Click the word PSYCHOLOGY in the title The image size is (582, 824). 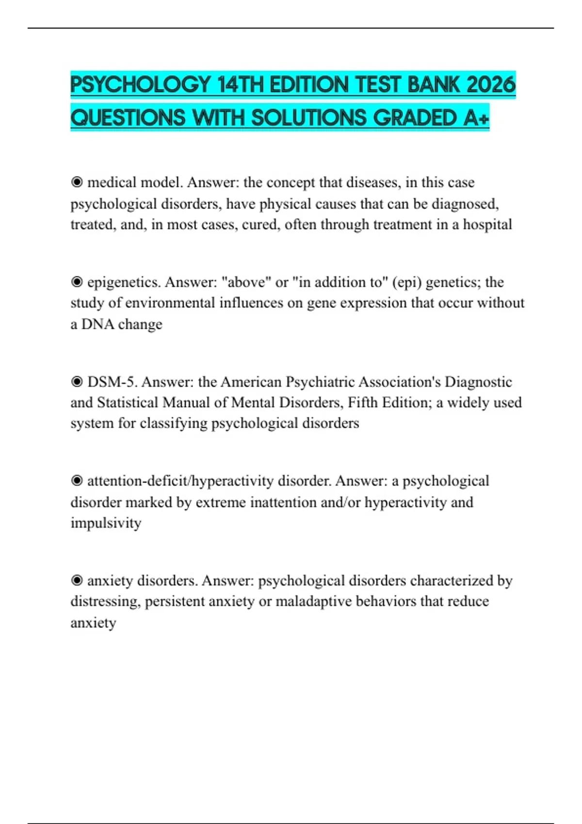pyautogui.click(x=140, y=85)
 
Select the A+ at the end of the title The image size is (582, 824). pyautogui.click(x=476, y=118)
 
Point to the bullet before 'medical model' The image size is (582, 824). pyautogui.click(x=77, y=183)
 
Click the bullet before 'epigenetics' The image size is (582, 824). pyautogui.click(x=77, y=282)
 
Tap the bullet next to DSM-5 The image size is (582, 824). pyautogui.click(x=77, y=382)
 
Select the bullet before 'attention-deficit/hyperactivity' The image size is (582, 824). pyautogui.click(x=77, y=481)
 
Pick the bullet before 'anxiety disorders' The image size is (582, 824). pyautogui.click(x=77, y=581)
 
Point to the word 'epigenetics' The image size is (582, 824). pyautogui.click(x=124, y=282)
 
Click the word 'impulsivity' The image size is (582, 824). pyautogui.click(x=106, y=523)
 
